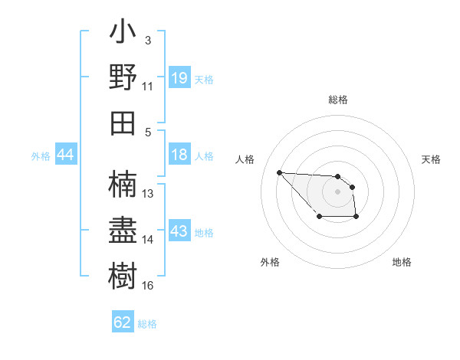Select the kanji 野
[123, 79]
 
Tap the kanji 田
[123, 123]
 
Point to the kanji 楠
[123, 184]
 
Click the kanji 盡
[123, 230]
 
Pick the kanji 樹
[123, 274]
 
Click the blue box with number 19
[179, 78]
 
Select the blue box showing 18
[179, 155]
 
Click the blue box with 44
[66, 155]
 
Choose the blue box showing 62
[123, 322]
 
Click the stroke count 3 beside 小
[148, 40]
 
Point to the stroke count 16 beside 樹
[148, 285]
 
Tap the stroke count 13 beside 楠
[148, 193]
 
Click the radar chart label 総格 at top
[338, 100]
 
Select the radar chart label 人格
[245, 159]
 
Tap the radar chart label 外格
[270, 262]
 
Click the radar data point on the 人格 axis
[279, 172]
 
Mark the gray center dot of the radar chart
[338, 191]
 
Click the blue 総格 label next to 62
[147, 323]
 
